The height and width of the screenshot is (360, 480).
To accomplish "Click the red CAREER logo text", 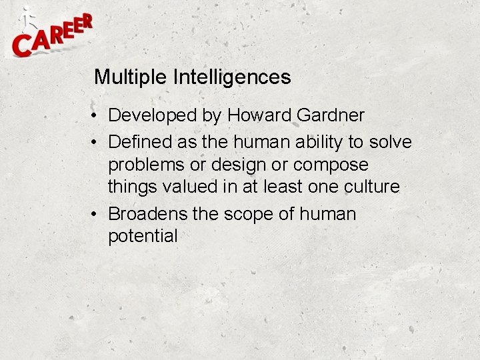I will (52, 37).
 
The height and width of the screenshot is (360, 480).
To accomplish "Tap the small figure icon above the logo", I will (27, 19).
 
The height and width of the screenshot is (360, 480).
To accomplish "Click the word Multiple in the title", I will (131, 77).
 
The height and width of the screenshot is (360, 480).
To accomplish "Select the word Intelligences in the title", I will (232, 77).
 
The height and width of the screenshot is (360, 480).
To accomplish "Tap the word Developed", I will (153, 115).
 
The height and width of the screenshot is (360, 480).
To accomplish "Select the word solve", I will (393, 142).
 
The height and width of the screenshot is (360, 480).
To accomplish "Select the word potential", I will (143, 236).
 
